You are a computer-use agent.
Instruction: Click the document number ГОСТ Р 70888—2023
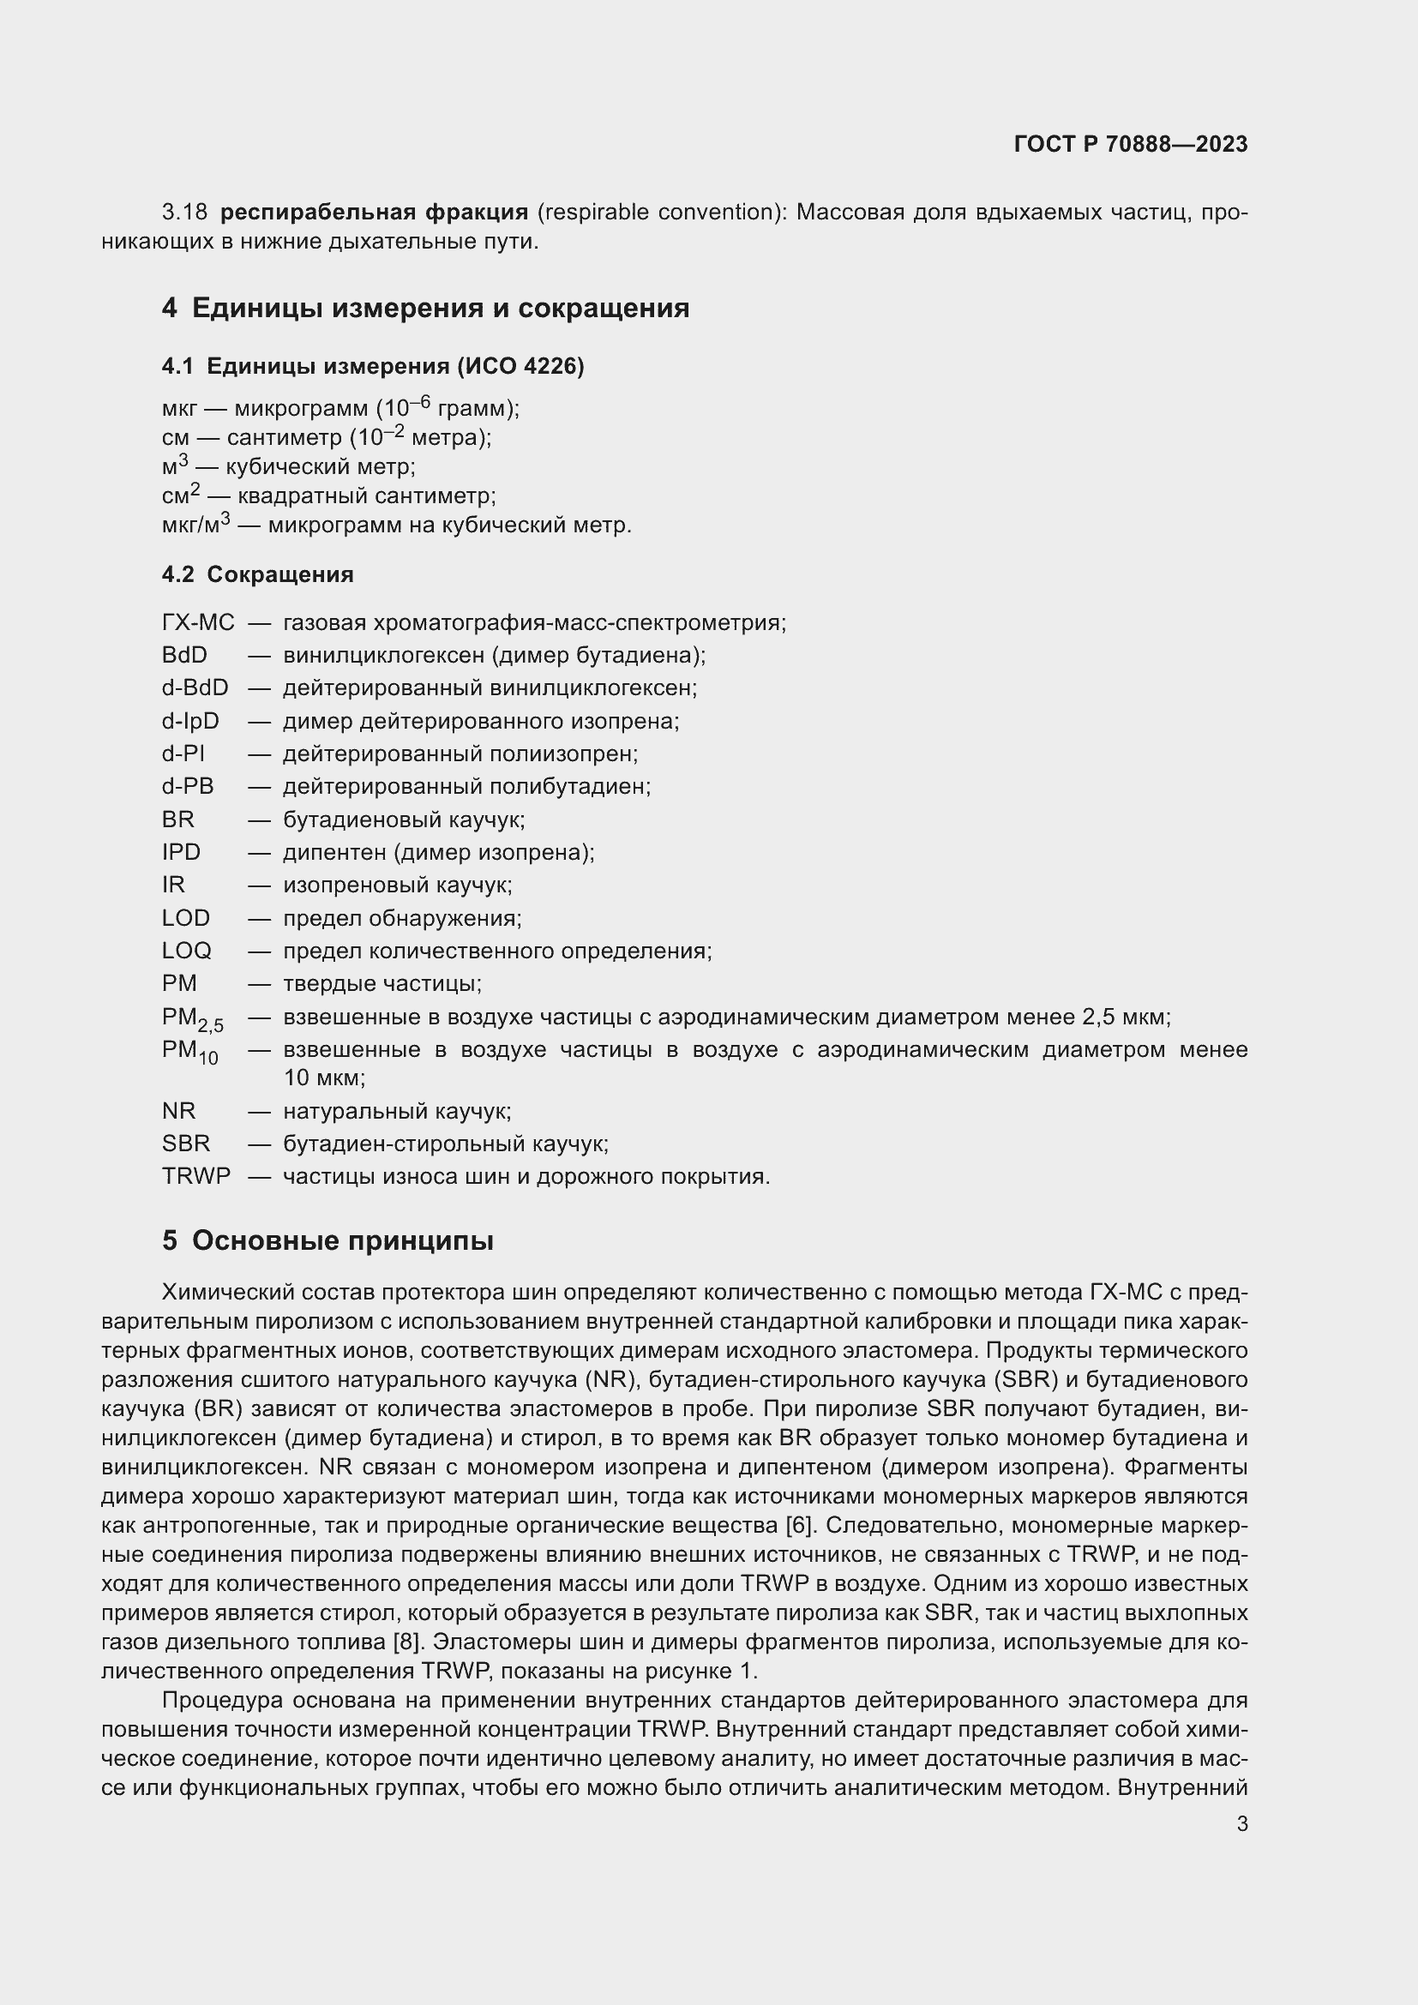click(1131, 144)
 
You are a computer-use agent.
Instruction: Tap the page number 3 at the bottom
click(1241, 1823)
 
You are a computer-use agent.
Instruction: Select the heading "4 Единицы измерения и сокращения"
click(425, 309)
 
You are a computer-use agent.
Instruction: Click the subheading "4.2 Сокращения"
click(257, 574)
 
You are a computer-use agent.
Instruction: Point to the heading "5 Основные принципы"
click(327, 1241)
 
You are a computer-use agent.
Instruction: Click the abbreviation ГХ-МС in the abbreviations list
click(198, 622)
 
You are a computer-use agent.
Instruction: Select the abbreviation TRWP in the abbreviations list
click(196, 1176)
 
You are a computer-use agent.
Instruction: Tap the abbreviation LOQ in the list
click(186, 951)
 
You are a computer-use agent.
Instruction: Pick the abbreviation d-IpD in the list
click(190, 721)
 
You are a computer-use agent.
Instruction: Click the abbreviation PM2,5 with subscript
click(192, 1019)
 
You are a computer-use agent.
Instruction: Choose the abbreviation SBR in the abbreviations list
click(186, 1144)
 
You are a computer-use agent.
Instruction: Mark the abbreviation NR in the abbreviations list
click(179, 1111)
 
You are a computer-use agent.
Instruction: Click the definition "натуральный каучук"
click(396, 1111)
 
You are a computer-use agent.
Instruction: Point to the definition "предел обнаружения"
click(401, 919)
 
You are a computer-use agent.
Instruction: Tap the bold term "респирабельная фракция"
click(374, 213)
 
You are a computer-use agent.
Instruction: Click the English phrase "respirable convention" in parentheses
click(658, 213)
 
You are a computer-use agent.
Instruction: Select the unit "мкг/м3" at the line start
click(196, 525)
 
